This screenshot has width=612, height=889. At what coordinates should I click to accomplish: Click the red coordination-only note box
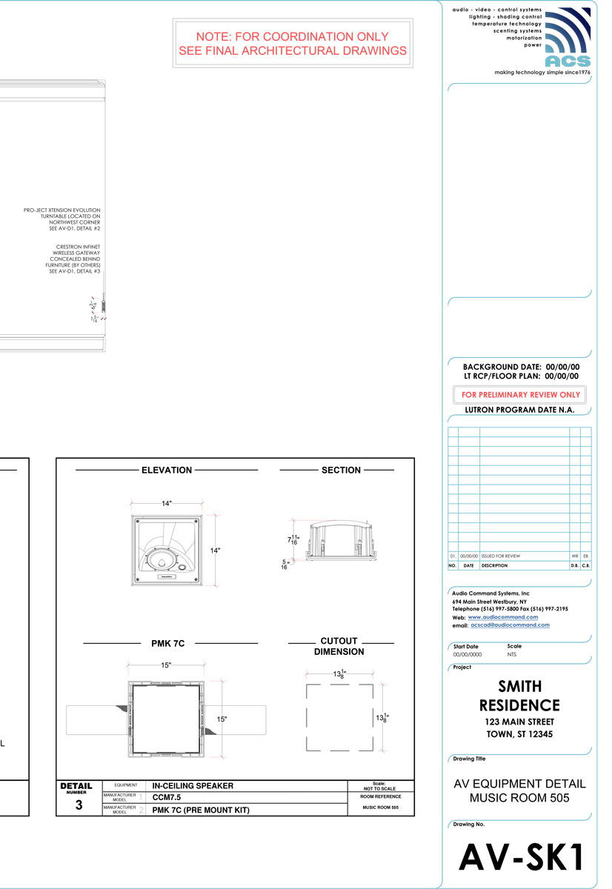[x=292, y=44]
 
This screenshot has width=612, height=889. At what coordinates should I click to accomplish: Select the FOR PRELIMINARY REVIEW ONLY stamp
[x=521, y=395]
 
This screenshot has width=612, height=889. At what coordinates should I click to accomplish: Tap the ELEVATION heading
[x=167, y=470]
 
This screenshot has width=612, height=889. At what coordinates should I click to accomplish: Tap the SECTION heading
[x=341, y=470]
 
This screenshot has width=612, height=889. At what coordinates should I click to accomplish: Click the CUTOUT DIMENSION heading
[x=339, y=647]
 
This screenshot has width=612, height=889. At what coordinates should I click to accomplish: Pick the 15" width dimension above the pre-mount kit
[x=166, y=665]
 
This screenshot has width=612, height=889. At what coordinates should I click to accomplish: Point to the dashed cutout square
[x=340, y=718]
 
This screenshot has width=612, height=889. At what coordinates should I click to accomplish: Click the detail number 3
[x=79, y=805]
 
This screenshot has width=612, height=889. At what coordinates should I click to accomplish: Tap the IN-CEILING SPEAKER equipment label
[x=193, y=785]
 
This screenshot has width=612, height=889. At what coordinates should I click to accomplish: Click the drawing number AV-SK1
[x=522, y=857]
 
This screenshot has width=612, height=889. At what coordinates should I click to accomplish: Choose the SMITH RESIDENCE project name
[x=519, y=696]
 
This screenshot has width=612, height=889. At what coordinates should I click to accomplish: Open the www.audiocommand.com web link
[x=503, y=617]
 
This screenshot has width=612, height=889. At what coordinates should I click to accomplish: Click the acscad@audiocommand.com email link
[x=510, y=625]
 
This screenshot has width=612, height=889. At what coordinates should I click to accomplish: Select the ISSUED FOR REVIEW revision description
[x=501, y=556]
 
